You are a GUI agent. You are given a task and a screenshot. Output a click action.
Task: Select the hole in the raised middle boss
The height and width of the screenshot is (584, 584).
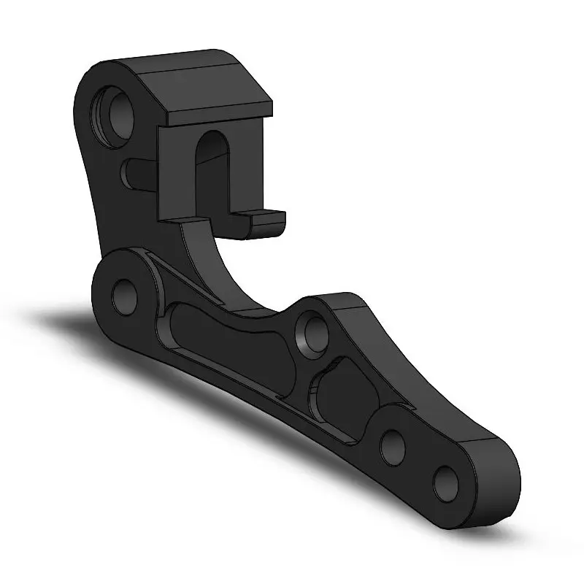312,329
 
